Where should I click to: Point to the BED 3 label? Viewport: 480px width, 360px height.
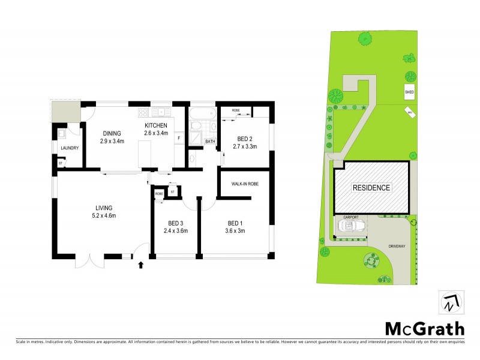(x=176, y=221)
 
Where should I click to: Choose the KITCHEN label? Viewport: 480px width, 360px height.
(x=155, y=125)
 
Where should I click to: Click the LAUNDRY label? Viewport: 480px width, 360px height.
(x=70, y=147)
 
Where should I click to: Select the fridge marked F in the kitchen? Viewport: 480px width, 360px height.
(x=178, y=138)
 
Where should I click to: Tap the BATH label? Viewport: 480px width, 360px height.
(x=210, y=142)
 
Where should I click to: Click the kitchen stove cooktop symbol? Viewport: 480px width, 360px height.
(x=143, y=112)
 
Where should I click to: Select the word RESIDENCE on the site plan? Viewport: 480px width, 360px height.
(x=371, y=188)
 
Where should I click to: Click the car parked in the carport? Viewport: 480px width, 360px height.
(x=349, y=227)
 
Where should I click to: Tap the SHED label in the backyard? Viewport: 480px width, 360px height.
(x=409, y=92)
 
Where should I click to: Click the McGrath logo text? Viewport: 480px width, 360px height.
(x=424, y=328)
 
